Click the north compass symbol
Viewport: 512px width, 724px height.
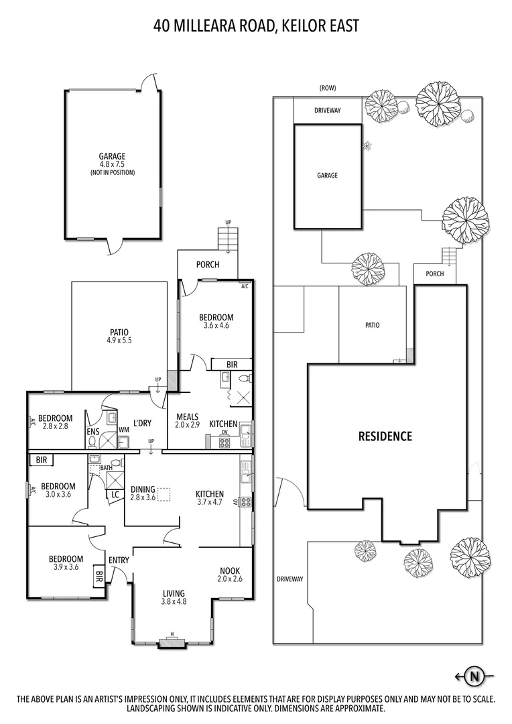472,677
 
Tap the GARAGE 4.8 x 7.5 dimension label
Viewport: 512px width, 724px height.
112,160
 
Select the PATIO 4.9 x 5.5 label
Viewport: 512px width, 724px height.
119,336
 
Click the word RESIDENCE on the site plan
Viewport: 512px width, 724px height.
385,436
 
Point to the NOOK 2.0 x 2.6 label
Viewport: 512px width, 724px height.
230,575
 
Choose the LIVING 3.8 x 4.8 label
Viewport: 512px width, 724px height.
174,597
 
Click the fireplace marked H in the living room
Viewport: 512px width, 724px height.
172,642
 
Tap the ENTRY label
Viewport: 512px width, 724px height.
119,560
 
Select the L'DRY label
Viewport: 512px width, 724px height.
142,423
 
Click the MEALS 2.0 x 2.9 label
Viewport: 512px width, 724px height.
188,420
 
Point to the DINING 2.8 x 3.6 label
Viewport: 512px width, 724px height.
143,493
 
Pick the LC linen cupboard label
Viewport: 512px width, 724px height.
115,495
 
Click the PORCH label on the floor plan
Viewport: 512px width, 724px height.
208,265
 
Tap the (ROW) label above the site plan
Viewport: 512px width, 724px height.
327,88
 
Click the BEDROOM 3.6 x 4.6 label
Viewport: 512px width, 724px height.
216,321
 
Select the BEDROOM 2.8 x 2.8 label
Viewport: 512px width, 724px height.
55,422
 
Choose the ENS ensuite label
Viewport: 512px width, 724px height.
92,432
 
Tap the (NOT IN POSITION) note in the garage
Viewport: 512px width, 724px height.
112,173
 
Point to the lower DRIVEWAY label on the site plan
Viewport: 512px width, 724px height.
290,579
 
